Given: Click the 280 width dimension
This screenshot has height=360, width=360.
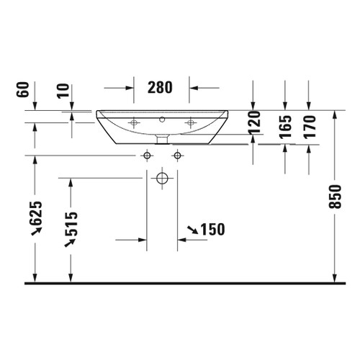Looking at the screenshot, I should pos(161,88).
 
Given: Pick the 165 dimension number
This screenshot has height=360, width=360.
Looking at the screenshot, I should pos(287,127).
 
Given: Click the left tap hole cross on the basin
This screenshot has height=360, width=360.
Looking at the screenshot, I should pos(133,124).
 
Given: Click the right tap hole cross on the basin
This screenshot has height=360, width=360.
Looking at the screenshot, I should pos(190,124).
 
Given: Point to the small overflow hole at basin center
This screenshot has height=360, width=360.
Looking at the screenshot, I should pos(162,120).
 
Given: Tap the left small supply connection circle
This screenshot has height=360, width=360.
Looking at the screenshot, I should pos(147,156).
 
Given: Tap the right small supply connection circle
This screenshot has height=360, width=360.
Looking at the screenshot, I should pos(177,156).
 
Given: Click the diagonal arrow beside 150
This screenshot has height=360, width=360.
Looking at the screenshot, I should pos(194,230).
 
